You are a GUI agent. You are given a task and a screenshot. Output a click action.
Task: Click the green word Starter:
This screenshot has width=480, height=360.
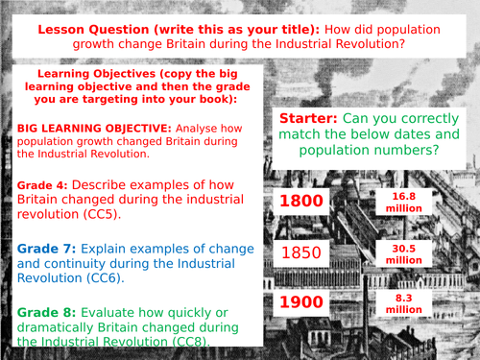tap(311, 118)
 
